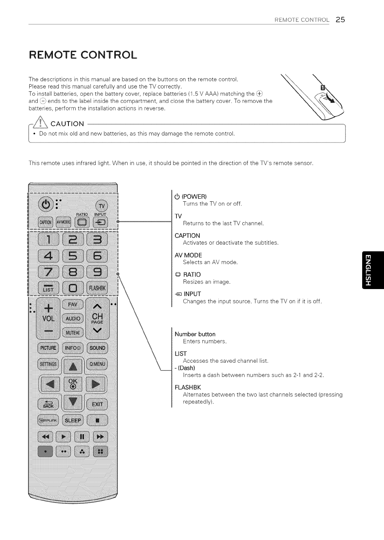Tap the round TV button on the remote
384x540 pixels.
101,206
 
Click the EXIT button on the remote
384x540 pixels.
97,404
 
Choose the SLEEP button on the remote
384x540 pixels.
73,420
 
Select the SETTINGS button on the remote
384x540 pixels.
48,364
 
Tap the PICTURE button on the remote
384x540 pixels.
48,348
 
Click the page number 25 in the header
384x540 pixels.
340,20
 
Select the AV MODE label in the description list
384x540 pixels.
188,255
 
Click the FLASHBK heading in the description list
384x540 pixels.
188,388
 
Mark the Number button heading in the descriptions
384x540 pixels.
195,334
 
